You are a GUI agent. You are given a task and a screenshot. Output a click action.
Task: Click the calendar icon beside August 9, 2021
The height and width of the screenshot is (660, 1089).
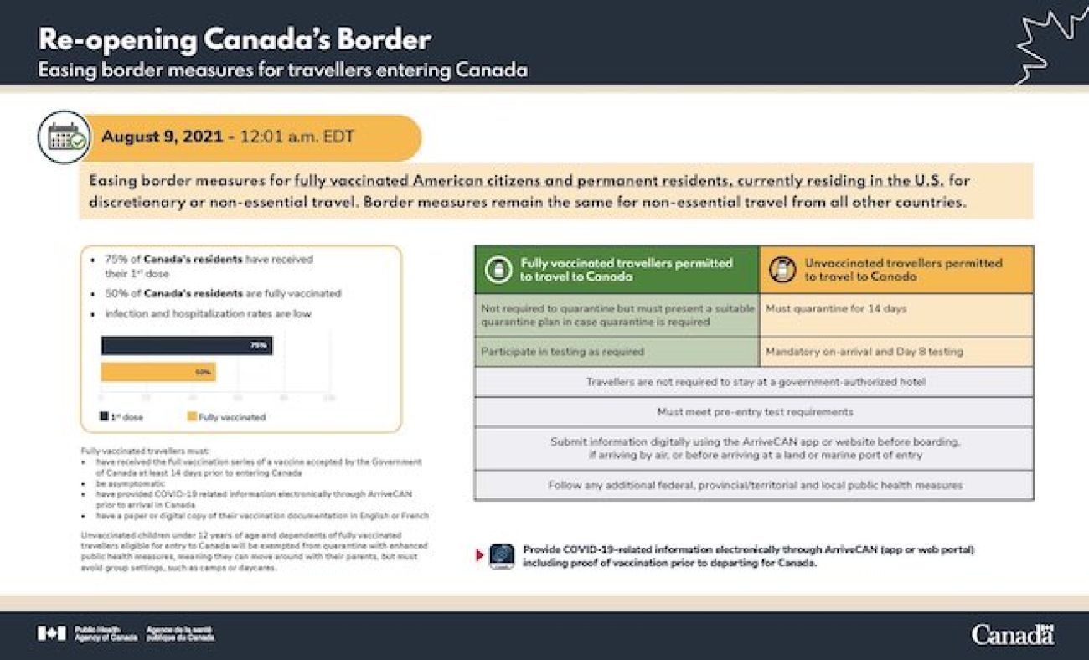coord(64,137)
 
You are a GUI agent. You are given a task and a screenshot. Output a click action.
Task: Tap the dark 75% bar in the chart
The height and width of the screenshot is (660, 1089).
coord(187,345)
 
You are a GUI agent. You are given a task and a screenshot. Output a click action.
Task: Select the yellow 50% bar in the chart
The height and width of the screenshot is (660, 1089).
coord(158,372)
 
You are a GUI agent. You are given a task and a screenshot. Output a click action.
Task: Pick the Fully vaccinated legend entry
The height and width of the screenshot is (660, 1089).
coord(226,416)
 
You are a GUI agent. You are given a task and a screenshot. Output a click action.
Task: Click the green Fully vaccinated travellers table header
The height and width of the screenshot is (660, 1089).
coord(617,269)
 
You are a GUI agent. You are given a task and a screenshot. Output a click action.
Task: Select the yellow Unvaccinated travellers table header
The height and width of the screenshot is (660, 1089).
coord(896,269)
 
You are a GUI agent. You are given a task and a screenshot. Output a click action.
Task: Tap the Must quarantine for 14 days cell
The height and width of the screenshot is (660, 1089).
coord(896,309)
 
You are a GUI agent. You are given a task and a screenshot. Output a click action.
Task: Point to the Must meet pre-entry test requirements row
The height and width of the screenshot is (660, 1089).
coord(754,411)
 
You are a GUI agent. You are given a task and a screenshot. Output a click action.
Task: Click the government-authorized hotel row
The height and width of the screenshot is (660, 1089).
coord(754,382)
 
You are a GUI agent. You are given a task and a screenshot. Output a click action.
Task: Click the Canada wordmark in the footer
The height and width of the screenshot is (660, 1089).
coord(1012,634)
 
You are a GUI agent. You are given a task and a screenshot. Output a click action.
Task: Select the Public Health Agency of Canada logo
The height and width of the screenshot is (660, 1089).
coord(126,634)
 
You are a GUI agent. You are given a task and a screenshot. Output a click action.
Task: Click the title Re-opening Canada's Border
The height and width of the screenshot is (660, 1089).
coord(235,39)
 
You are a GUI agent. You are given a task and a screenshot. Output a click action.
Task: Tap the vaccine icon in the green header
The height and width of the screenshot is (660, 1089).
coord(498,269)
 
